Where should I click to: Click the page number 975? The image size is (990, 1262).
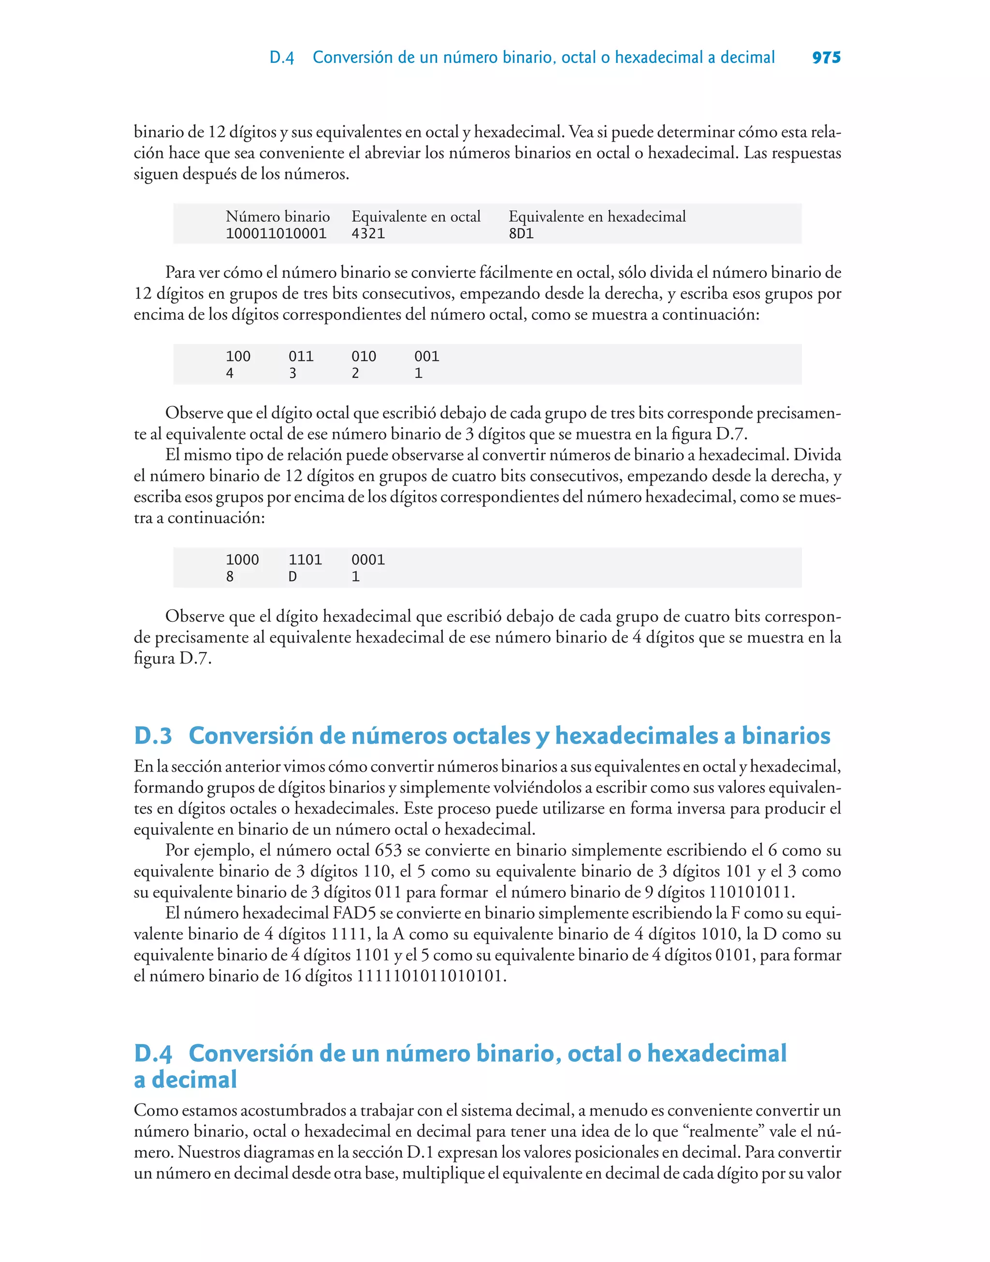point(826,57)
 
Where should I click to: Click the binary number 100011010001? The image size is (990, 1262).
point(276,233)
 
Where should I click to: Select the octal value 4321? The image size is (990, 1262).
point(368,233)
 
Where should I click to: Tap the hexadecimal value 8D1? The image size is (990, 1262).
point(521,233)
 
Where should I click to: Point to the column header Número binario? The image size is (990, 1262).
point(277,216)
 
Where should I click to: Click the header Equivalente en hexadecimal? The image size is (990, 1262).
point(597,216)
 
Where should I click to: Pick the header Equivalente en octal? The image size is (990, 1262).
point(416,216)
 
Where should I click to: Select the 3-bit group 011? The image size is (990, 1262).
point(301,356)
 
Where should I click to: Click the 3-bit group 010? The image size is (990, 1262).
point(364,356)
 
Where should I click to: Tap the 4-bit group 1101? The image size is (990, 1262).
point(305,559)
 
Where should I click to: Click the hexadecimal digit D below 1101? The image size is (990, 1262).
point(293,577)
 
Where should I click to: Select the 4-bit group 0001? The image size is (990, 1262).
point(368,559)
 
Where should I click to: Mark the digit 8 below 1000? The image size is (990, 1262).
point(230,577)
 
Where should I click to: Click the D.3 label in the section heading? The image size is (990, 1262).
point(153,735)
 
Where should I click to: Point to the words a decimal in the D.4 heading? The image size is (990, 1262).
point(186,1079)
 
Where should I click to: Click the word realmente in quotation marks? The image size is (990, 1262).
point(725,1131)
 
